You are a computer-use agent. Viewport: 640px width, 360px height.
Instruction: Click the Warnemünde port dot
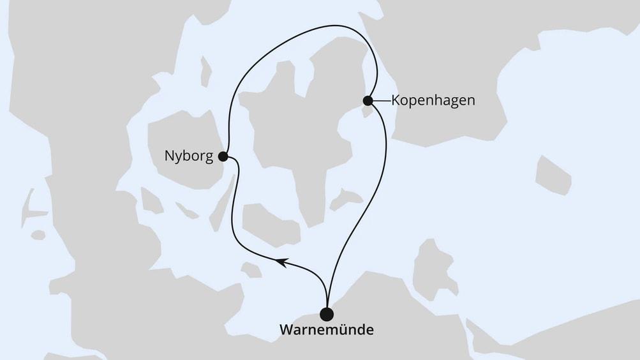click(x=327, y=313)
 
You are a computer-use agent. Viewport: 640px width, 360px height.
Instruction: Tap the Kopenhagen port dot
click(x=368, y=100)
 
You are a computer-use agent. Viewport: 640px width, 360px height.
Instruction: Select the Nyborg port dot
click(x=223, y=156)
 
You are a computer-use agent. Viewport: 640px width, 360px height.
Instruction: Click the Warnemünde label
click(x=327, y=331)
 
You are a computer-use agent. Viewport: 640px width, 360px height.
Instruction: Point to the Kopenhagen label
click(x=433, y=101)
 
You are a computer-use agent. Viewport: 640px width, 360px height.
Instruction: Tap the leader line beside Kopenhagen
click(x=381, y=100)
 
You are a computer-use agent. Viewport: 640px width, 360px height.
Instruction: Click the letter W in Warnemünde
click(x=286, y=331)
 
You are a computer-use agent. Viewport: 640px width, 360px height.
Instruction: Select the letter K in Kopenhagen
click(x=395, y=101)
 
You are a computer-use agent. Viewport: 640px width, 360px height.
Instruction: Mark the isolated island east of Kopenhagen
click(x=552, y=174)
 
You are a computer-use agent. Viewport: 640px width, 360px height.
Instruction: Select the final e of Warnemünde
click(x=369, y=332)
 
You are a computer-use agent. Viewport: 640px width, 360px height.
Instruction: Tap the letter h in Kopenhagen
click(x=437, y=101)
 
